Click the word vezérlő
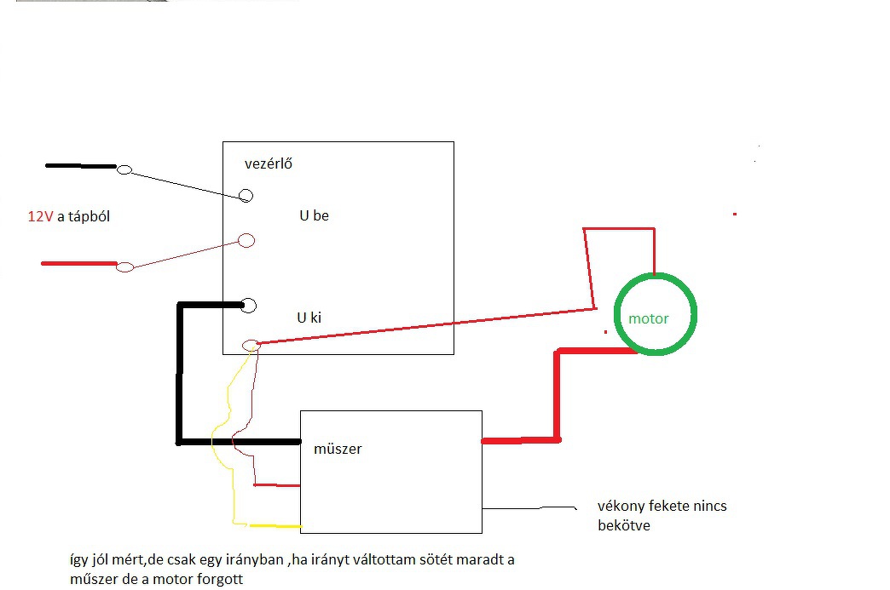(269, 163)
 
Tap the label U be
(314, 216)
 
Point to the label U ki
(309, 318)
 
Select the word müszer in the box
(338, 449)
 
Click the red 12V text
(40, 217)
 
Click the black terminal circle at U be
(246, 196)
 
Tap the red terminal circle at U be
(246, 240)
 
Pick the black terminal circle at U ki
(249, 305)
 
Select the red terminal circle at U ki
(251, 345)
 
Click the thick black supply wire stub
(80, 166)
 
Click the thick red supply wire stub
(78, 264)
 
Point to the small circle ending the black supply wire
(124, 170)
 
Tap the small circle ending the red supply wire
(124, 267)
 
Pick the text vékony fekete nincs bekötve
(662, 516)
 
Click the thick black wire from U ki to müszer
(180, 375)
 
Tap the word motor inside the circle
(649, 319)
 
